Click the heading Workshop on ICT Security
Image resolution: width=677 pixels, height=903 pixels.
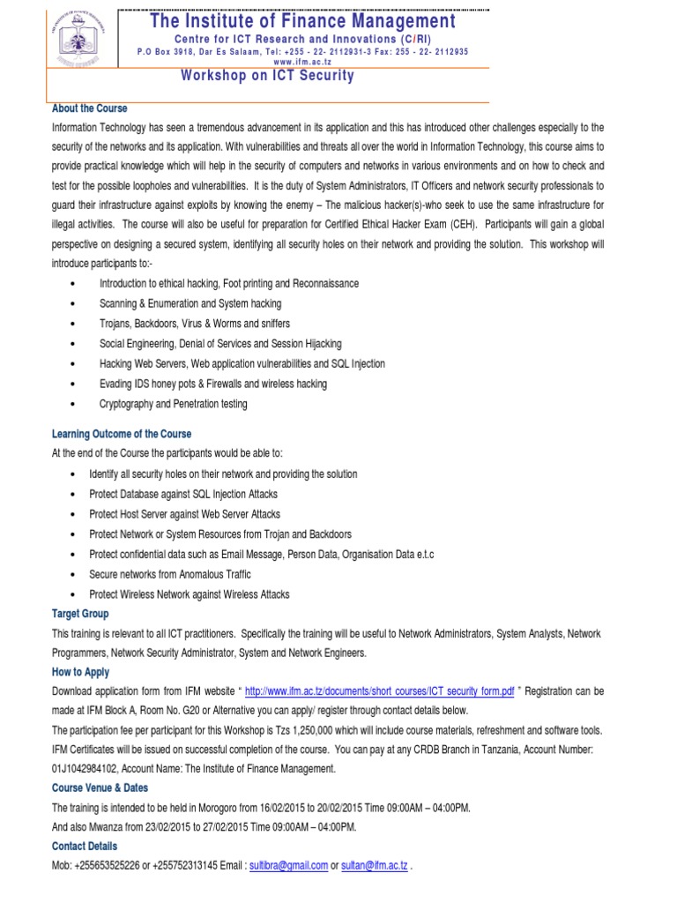pos(267,76)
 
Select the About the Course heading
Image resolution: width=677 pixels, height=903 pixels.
pos(90,108)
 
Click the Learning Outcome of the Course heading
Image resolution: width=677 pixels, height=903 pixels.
pos(122,434)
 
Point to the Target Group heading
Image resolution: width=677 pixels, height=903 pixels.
pos(81,613)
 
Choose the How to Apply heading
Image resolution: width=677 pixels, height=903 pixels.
pos(81,672)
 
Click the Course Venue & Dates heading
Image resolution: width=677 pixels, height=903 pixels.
pos(100,787)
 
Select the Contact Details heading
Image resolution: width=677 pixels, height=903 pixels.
pos(85,847)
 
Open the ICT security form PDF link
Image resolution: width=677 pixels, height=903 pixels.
pos(380,691)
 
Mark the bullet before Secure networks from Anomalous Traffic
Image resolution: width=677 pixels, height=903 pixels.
pos(71,574)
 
